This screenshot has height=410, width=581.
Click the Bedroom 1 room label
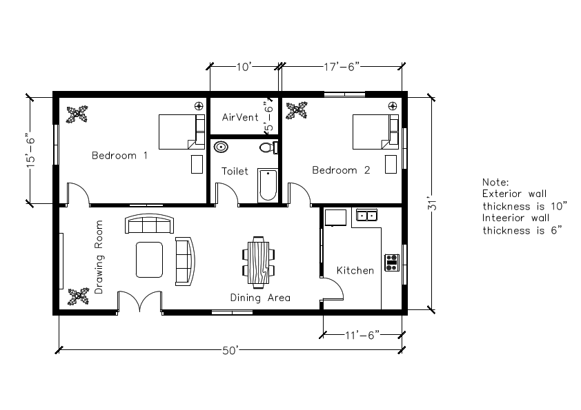119,156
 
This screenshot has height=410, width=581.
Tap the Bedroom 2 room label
340,170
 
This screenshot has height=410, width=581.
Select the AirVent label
240,118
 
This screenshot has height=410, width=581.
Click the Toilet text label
235,171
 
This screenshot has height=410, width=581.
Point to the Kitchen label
355,271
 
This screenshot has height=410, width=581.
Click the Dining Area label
260,298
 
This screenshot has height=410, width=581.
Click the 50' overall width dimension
230,351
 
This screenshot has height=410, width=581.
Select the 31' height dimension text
432,205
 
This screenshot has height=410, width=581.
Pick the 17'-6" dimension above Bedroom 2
341,67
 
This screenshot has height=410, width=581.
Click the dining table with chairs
258,262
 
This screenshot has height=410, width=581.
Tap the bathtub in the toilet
267,185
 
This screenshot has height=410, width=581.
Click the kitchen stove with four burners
392,262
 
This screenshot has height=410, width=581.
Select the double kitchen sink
366,216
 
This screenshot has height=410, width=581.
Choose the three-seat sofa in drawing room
148,225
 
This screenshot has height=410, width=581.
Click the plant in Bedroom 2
297,110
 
